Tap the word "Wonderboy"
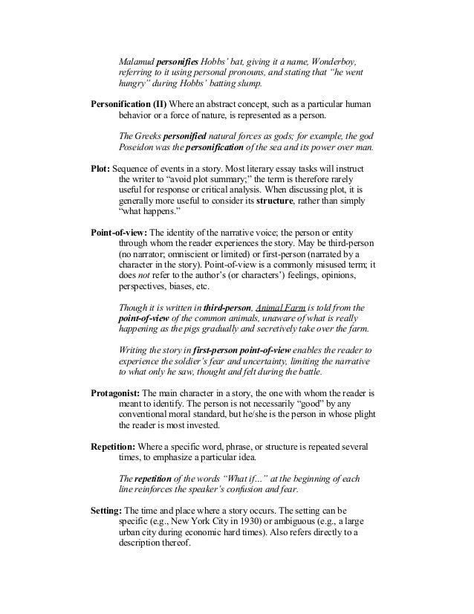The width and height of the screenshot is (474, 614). pyautogui.click(x=337, y=39)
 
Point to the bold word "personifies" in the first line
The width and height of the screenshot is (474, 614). pyautogui.click(x=189, y=39)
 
